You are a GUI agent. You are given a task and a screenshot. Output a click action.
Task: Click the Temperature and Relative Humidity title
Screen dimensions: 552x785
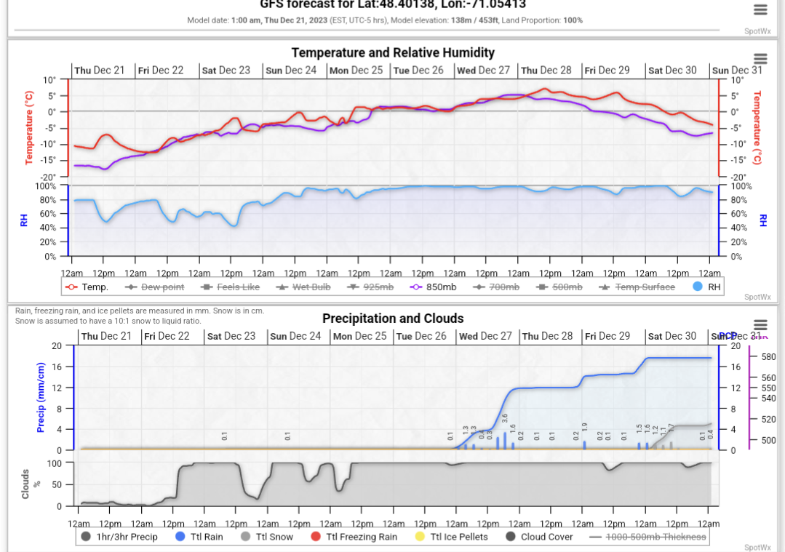point(393,52)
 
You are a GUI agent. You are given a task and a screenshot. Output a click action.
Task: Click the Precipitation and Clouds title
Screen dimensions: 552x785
point(393,319)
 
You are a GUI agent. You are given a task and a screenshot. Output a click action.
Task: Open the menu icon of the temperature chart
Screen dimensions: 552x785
point(760,59)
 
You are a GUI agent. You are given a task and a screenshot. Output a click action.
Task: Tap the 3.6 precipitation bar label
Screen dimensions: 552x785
point(505,419)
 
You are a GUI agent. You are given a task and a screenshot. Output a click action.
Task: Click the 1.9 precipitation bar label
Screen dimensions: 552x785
point(584,427)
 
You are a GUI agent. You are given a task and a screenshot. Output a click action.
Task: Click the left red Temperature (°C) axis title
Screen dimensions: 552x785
point(29,128)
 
